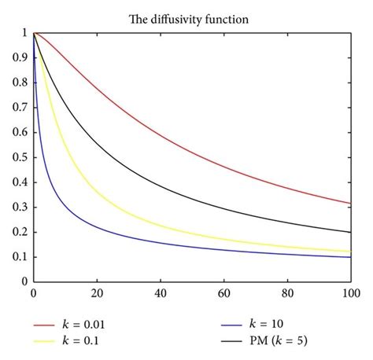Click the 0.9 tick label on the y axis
click(x=20, y=57)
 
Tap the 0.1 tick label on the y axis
click(x=20, y=256)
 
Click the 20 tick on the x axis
click(x=96, y=292)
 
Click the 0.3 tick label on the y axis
click(x=20, y=206)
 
